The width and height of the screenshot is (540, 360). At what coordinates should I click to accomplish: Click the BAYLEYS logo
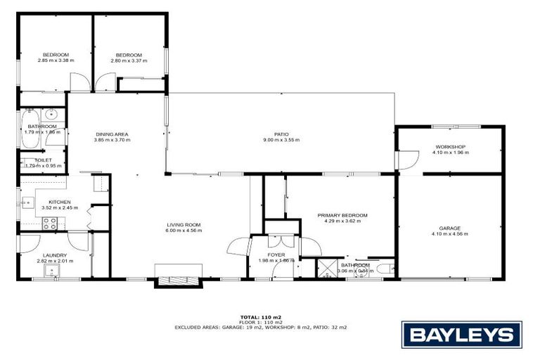[462, 335]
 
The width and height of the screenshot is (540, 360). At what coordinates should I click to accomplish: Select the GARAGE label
[450, 229]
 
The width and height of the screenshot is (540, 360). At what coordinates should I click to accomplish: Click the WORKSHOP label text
[450, 147]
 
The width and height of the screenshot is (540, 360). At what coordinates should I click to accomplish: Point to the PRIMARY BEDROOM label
[342, 216]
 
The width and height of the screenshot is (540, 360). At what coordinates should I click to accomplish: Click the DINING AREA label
[112, 134]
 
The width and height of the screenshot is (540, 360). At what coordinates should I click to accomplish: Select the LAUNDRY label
[54, 255]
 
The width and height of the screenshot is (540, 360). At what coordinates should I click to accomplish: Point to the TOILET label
[43, 160]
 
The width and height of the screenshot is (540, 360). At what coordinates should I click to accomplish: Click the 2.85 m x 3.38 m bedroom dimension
[56, 60]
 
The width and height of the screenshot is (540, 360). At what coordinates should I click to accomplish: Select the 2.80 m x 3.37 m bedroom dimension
[129, 60]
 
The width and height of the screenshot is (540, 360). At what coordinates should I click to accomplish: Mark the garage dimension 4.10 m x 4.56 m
[450, 234]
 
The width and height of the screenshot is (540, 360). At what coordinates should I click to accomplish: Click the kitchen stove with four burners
[50, 224]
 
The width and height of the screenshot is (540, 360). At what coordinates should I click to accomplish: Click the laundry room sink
[50, 271]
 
